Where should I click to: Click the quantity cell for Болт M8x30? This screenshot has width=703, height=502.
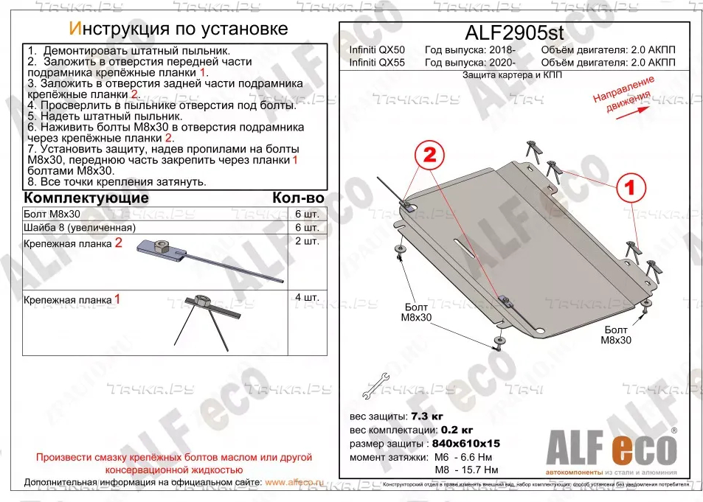click(306, 213)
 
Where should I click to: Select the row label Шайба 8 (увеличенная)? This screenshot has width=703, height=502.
click(80, 227)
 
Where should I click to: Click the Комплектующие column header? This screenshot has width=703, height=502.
click(86, 198)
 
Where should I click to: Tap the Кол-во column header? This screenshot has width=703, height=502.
click(297, 198)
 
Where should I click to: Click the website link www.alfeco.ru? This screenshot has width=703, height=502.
click(294, 482)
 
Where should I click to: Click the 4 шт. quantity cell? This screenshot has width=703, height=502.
click(306, 297)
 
